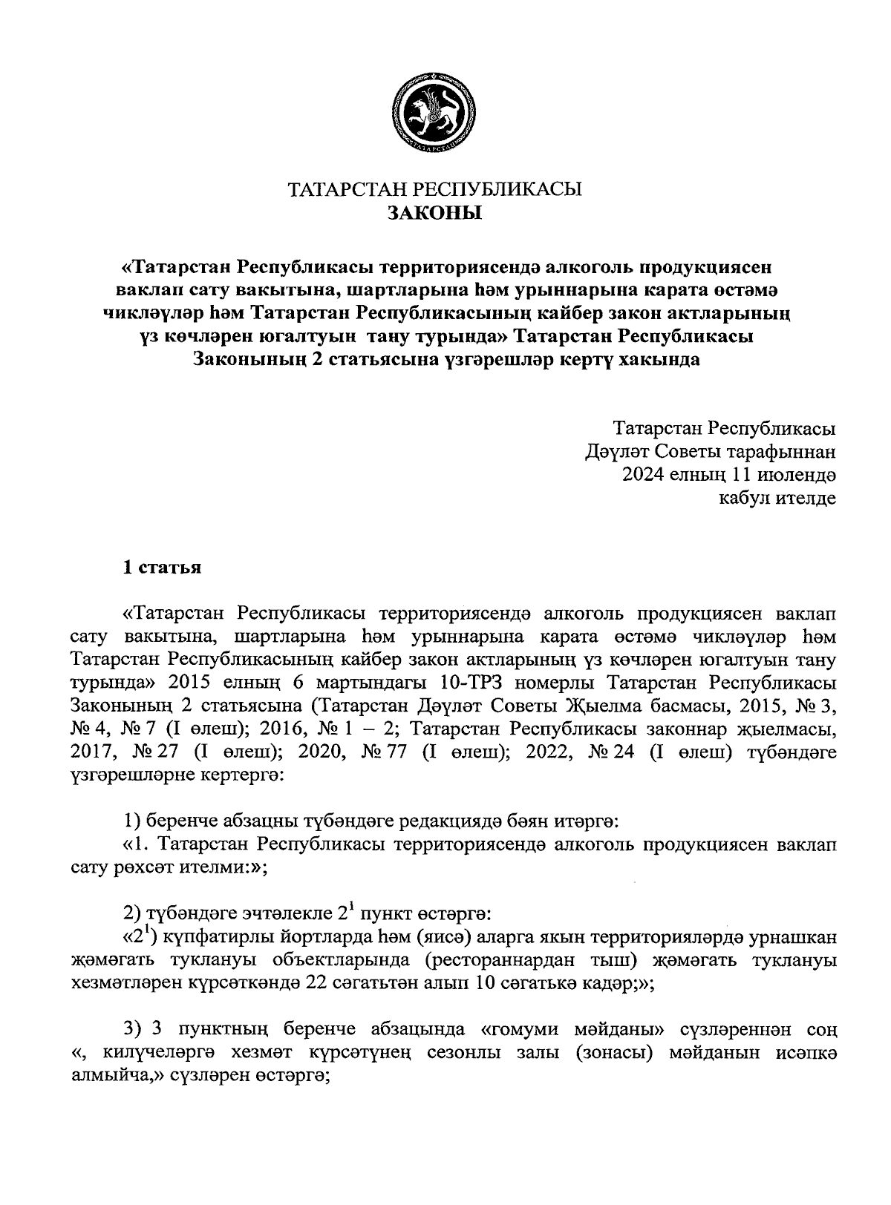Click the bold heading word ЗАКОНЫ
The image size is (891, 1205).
click(x=434, y=214)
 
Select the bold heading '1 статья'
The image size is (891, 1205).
click(x=162, y=568)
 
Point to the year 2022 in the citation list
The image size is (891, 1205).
click(x=549, y=753)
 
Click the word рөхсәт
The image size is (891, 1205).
click(x=189, y=869)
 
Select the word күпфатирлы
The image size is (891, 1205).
click(x=212, y=939)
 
